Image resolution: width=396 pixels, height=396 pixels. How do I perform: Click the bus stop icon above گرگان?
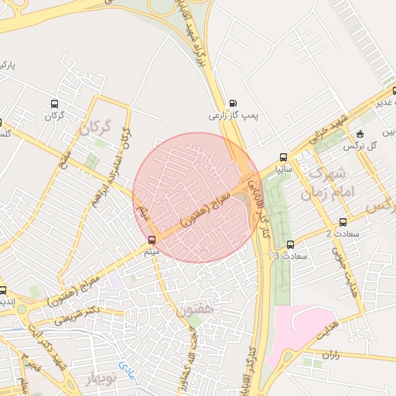pyautogui.click(x=54, y=104)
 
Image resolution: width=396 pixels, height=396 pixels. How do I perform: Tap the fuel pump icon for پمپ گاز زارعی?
pyautogui.click(x=232, y=104)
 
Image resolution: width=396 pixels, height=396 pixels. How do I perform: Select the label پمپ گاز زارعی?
pyautogui.click(x=231, y=116)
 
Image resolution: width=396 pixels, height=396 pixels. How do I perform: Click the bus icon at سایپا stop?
pyautogui.click(x=283, y=156)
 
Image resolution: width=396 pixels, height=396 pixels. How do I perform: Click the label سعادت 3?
pyautogui.click(x=291, y=255)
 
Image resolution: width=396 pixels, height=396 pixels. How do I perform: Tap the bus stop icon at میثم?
pyautogui.click(x=151, y=239)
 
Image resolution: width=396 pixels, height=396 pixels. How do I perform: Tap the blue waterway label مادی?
pyautogui.click(x=126, y=364)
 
